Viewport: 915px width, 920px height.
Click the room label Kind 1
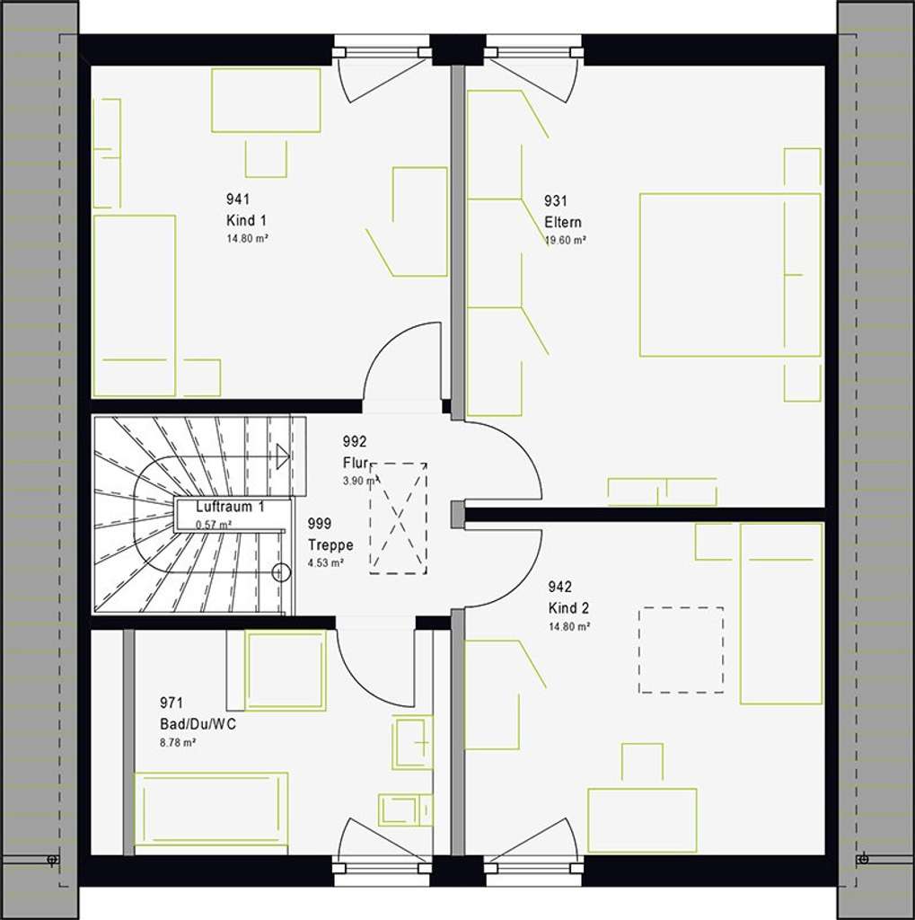pyautogui.click(x=246, y=220)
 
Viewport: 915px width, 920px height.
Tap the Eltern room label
pyautogui.click(x=563, y=222)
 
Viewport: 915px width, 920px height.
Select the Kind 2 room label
pyautogui.click(x=568, y=608)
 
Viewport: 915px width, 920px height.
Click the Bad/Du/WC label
pyautogui.click(x=198, y=723)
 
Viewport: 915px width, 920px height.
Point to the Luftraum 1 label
pyautogui.click(x=230, y=508)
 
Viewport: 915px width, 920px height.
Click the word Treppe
pyautogui.click(x=330, y=545)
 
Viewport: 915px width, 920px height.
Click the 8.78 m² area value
pyautogui.click(x=178, y=743)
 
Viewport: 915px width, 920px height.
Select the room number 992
pyautogui.click(x=356, y=441)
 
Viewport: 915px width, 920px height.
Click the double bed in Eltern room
pyautogui.click(x=728, y=275)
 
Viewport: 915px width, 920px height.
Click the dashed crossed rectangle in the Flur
pyautogui.click(x=399, y=517)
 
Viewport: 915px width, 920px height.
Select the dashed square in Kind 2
pyautogui.click(x=681, y=650)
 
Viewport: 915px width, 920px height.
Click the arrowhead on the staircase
pyautogui.click(x=283, y=456)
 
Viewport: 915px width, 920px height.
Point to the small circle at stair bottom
pyautogui.click(x=281, y=571)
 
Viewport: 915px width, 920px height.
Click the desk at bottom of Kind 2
pyautogui.click(x=642, y=819)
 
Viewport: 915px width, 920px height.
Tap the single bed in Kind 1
pyautogui.click(x=135, y=305)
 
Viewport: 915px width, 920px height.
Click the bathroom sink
pyautogui.click(x=412, y=742)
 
